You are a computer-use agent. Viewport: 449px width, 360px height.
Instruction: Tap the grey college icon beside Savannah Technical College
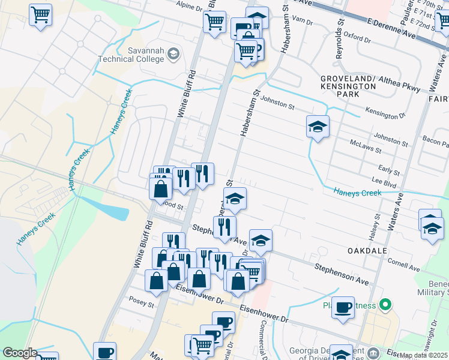[173, 54]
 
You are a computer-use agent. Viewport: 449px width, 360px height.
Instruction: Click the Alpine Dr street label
[190, 4]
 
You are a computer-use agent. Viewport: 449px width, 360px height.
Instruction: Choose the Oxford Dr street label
[358, 37]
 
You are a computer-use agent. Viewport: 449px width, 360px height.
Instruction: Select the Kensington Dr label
[386, 113]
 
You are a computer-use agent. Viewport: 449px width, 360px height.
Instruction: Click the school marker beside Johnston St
[318, 127]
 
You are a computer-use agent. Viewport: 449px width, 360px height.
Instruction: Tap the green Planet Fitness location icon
[387, 305]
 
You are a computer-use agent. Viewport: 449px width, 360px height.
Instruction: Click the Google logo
[20, 353]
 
